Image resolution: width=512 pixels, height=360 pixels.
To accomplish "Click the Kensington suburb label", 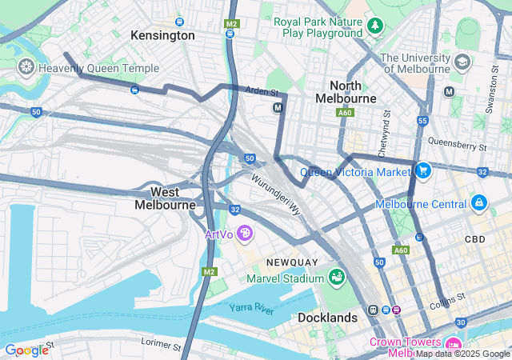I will pos(162,35).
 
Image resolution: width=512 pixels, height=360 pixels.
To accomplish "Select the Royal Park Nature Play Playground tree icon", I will pos(376,27).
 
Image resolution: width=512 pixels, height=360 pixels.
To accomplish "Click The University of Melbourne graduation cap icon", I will pos(462,62).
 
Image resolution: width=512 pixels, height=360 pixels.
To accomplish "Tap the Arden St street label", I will pos(262,92).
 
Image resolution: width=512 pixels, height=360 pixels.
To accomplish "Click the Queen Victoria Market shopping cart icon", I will pos(422,170).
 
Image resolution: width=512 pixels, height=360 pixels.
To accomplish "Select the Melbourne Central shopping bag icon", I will pos(478,203).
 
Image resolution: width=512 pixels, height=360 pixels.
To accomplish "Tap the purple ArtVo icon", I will pos(245,234).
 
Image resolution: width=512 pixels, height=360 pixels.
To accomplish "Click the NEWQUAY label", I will pos(293,262).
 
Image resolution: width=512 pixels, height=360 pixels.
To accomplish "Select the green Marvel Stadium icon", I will pos(337,278).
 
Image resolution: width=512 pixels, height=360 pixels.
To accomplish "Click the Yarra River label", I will pos(251,307).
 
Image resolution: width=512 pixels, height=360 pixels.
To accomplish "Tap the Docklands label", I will pos(327,318).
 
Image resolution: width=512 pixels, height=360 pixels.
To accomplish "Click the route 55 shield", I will pos(422,121).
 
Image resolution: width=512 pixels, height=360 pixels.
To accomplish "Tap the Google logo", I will pos(27,350).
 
